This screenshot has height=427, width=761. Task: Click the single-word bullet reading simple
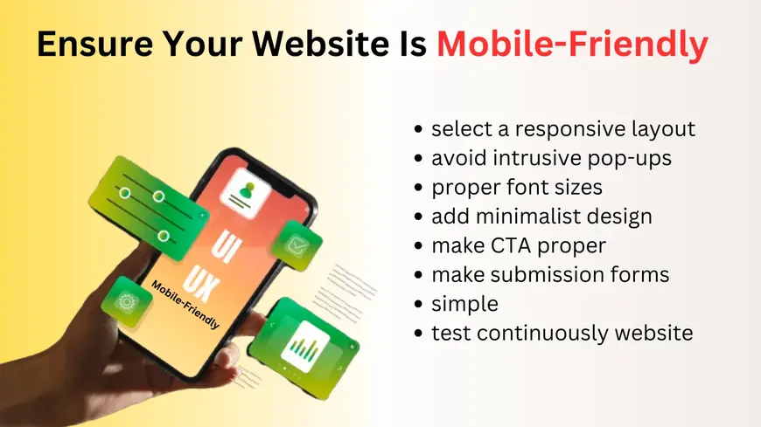[x=464, y=303]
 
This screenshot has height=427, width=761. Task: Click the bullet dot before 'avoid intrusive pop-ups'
[x=420, y=159]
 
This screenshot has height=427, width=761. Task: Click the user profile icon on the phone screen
[x=248, y=189]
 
